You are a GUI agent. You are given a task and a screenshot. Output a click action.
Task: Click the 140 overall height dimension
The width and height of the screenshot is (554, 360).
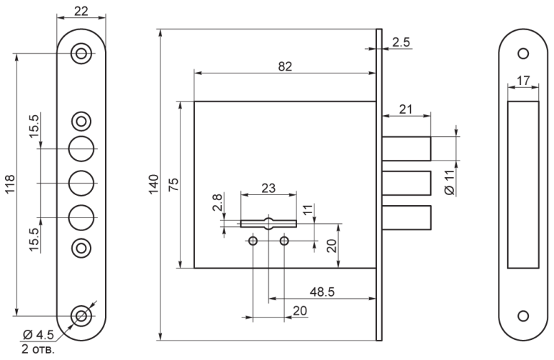pos(153,184)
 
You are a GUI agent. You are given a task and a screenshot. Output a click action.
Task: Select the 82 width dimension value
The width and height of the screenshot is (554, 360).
pos(285,66)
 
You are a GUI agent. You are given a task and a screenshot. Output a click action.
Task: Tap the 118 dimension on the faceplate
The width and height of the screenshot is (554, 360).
pos(9,184)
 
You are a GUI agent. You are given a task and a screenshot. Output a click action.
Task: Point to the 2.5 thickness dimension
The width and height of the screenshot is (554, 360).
pos(401,42)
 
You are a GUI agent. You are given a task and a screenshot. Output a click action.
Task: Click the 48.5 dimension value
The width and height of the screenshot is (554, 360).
pos(322,292)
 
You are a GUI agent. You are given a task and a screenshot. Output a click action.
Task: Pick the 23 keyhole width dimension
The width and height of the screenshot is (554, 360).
pos(268,188)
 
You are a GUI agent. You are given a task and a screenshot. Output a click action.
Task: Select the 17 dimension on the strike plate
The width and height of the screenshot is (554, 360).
pos(523,81)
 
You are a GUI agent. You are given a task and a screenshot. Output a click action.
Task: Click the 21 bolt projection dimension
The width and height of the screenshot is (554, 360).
pos(406,109)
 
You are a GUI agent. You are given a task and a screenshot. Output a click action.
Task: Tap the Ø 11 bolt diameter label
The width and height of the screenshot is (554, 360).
pos(450,182)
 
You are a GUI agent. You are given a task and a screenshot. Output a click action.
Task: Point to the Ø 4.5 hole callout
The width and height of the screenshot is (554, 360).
pos(38,334)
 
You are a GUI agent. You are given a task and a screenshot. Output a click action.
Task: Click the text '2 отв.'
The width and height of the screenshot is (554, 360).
pos(38,349)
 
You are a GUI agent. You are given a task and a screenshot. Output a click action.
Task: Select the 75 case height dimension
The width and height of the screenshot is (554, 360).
pos(173,184)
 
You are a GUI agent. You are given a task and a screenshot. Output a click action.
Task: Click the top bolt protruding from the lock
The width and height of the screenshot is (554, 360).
pos(407,148)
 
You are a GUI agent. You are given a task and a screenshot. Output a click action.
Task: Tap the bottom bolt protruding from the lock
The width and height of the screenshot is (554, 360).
pos(407,217)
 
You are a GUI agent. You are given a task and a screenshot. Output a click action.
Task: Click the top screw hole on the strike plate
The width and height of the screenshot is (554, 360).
pos(523,54)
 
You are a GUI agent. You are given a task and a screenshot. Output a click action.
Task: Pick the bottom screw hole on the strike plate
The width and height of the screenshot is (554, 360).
pos(523,316)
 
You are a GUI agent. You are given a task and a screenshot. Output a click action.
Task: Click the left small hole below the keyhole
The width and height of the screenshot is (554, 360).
pos(253,241)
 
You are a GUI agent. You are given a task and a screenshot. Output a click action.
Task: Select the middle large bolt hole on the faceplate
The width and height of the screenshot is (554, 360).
pos(81,183)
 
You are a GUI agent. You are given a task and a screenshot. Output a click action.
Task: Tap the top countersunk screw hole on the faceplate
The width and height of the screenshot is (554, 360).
pos(81,54)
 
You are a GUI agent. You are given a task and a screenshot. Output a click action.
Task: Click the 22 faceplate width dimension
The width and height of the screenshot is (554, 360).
pos(81,12)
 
